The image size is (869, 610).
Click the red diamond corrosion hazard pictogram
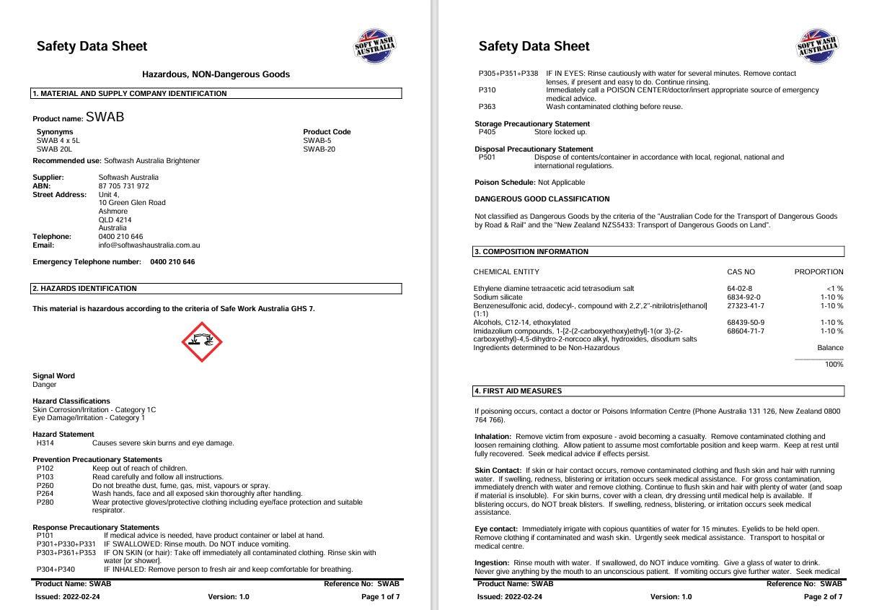click(202, 342)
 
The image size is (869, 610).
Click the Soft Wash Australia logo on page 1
click(375, 47)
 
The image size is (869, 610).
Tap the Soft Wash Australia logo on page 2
click(817, 47)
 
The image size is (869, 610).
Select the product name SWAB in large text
click(105, 117)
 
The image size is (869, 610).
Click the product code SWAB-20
click(319, 149)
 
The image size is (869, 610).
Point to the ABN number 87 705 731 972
click(123, 186)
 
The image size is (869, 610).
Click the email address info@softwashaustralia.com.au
click(149, 245)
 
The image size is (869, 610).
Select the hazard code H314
click(45, 443)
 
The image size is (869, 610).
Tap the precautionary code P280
click(45, 502)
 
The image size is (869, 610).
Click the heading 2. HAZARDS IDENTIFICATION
click(85, 289)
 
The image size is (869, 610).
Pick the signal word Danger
click(44, 385)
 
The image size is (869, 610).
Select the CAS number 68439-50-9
click(746, 323)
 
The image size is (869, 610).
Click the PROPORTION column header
click(819, 272)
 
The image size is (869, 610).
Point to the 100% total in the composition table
click(834, 365)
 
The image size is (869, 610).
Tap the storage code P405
click(487, 132)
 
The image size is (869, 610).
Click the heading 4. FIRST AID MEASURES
click(518, 391)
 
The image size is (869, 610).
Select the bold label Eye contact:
click(496, 529)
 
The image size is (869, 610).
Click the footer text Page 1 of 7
click(380, 597)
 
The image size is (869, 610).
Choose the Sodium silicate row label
click(498, 297)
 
